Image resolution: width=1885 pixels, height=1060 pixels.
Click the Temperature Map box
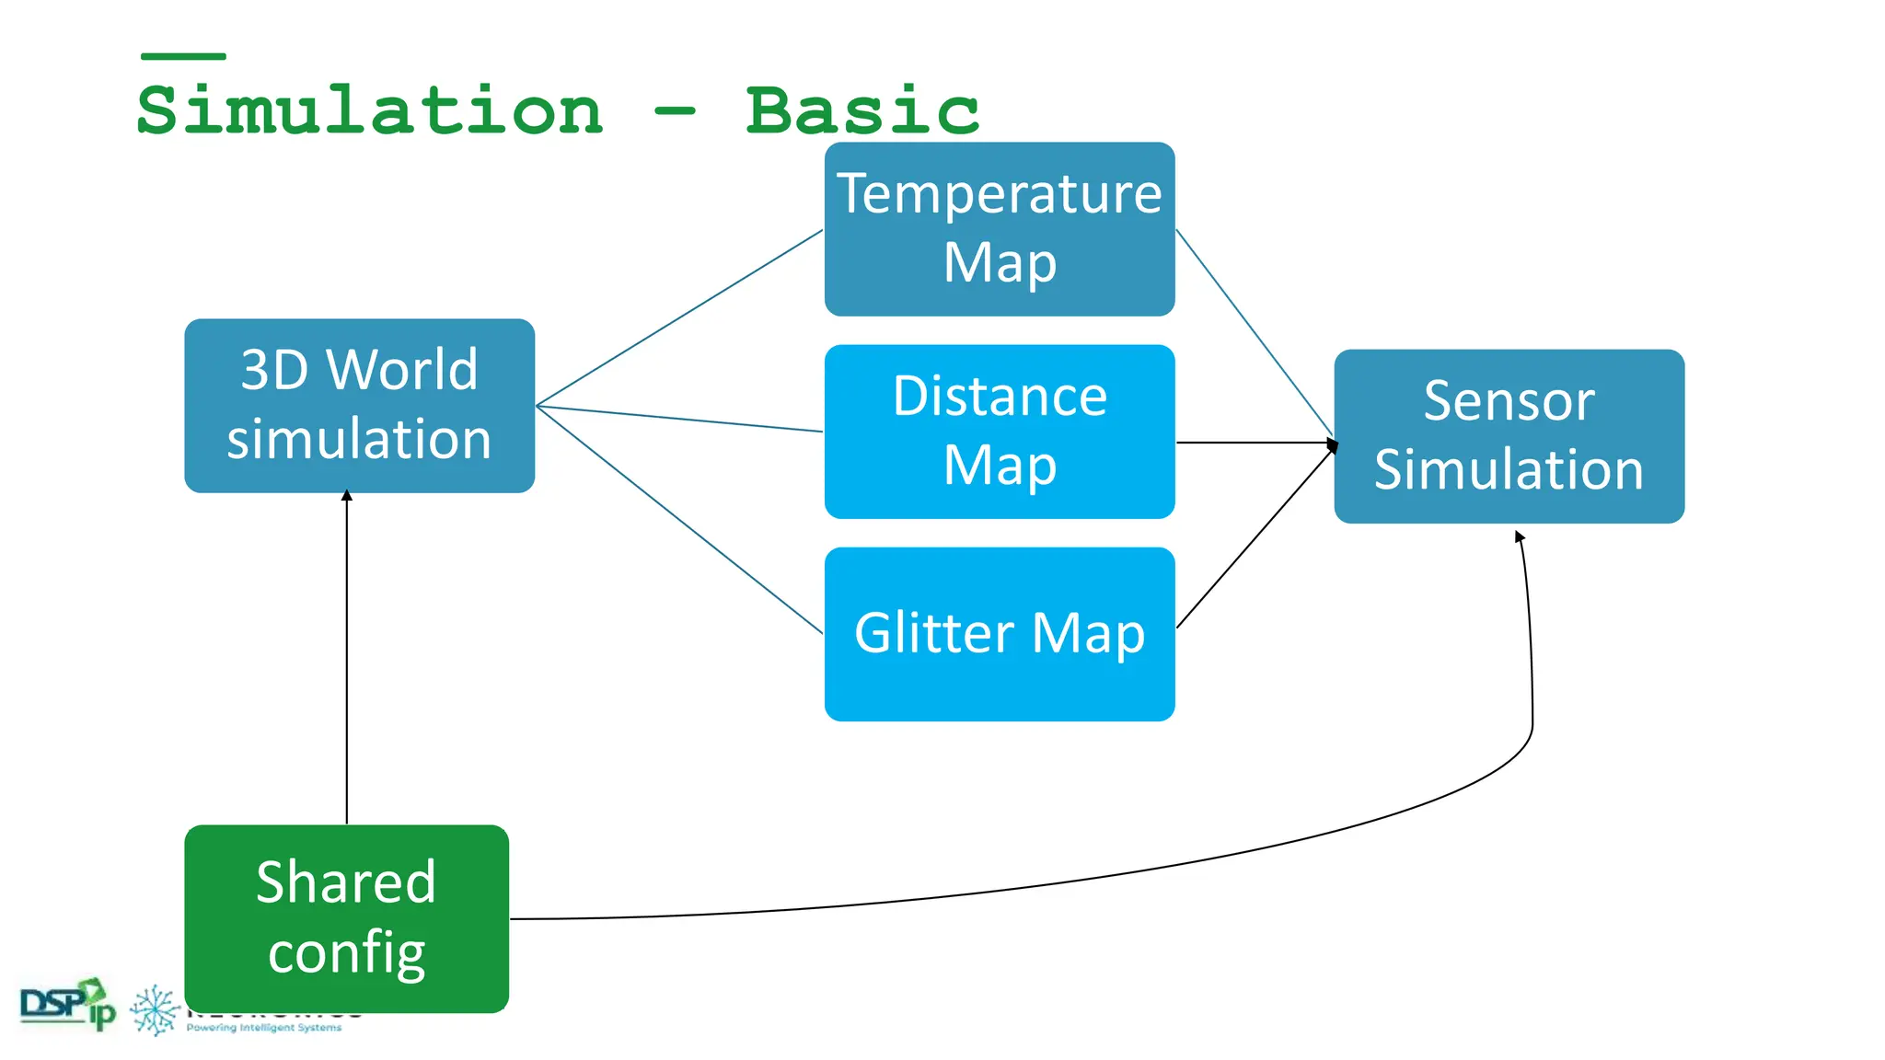tap(1000, 229)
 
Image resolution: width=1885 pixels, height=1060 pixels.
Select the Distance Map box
tap(1000, 432)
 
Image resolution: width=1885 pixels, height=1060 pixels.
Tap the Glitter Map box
tap(1000, 634)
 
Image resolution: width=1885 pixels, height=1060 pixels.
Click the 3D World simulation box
tap(359, 406)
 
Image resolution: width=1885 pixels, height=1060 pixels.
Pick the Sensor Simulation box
tap(1509, 436)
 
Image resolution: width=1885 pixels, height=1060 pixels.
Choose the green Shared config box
tap(346, 917)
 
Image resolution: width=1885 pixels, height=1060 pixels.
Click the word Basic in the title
tap(862, 110)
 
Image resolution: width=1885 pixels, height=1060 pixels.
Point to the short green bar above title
tap(183, 56)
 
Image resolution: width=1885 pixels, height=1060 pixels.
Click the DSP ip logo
tap(67, 1004)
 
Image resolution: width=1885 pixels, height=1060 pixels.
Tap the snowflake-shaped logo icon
tap(155, 1010)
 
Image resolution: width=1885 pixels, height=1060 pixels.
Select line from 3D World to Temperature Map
tap(679, 318)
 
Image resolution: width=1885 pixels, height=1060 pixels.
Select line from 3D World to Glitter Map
tap(679, 520)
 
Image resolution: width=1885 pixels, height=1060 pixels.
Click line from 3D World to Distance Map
tap(679, 419)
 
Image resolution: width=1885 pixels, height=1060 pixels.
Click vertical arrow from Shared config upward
tap(347, 658)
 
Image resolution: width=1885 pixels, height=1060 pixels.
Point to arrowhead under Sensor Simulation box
tap(1519, 536)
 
